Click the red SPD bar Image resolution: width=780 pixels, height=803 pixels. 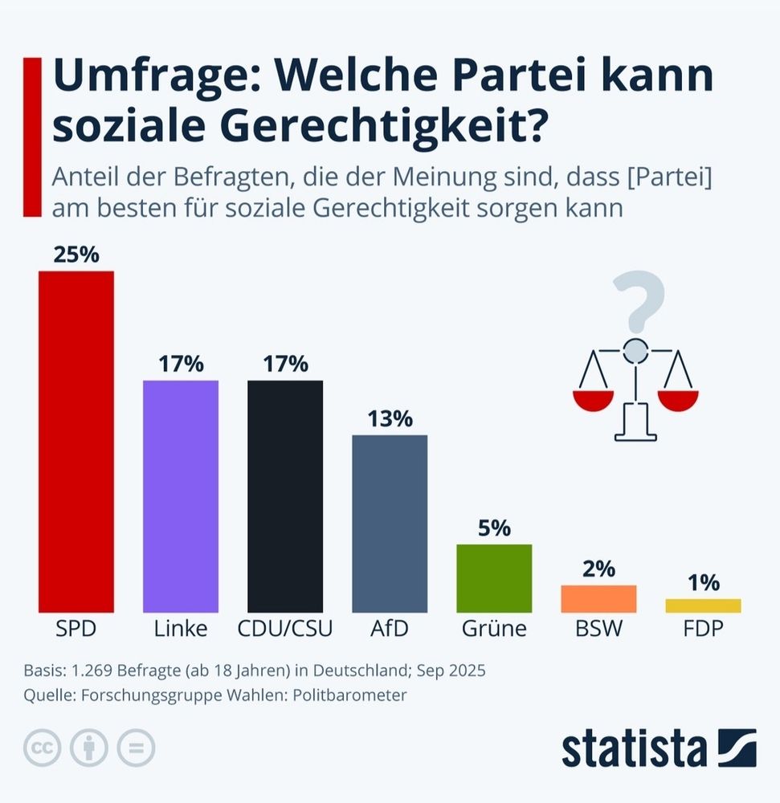tap(76, 442)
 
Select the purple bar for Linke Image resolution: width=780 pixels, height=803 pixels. tap(181, 496)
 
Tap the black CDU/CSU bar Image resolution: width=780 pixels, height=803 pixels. tap(285, 496)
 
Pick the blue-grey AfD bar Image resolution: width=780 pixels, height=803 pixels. tap(390, 524)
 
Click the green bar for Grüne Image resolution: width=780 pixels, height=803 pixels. tap(494, 578)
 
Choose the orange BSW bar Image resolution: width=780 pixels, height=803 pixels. tap(598, 599)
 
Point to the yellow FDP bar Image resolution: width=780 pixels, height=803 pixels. tap(703, 605)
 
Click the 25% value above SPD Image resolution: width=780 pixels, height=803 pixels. tap(76, 255)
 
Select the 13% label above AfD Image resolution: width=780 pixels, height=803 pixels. tap(390, 418)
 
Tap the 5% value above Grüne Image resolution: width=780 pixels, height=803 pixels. tap(494, 528)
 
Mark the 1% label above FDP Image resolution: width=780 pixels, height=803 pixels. tap(703, 582)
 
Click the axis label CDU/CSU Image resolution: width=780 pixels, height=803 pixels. tap(285, 629)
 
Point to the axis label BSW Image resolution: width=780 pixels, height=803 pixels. tap(598, 629)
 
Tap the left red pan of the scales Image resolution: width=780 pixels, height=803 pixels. tap(593, 399)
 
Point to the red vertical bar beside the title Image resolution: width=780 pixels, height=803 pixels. tap(32, 137)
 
